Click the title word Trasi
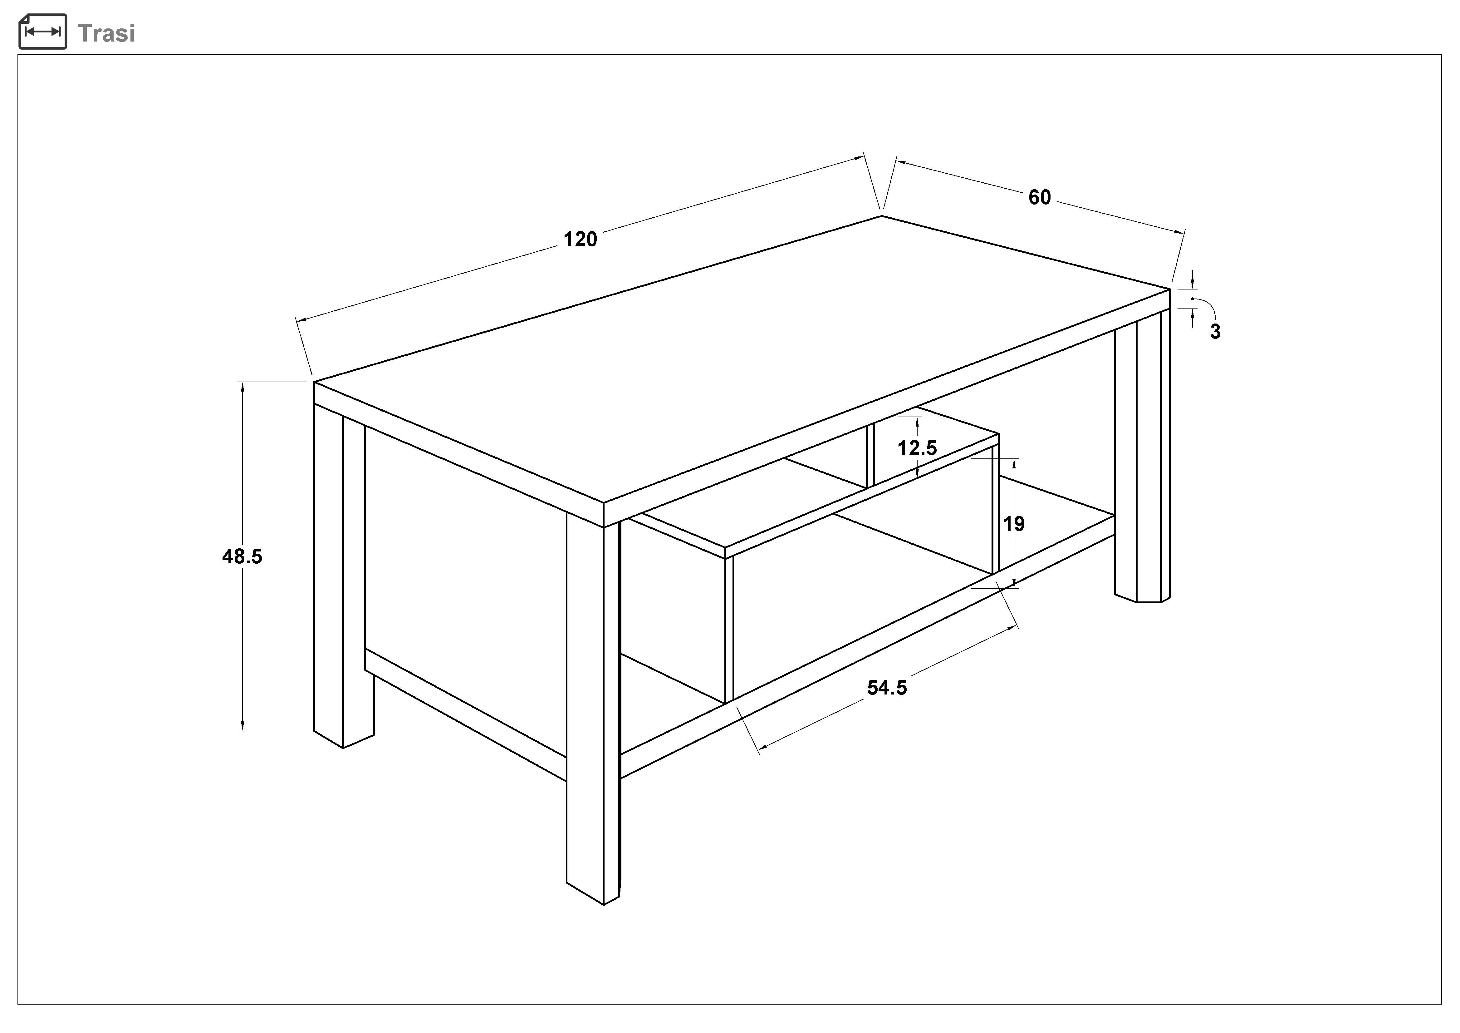pyautogui.click(x=106, y=33)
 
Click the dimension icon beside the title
pyautogui.click(x=43, y=31)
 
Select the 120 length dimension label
pyautogui.click(x=580, y=239)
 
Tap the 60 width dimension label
pyautogui.click(x=1040, y=197)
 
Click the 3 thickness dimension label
pyautogui.click(x=1215, y=331)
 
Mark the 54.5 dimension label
pyautogui.click(x=887, y=688)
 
